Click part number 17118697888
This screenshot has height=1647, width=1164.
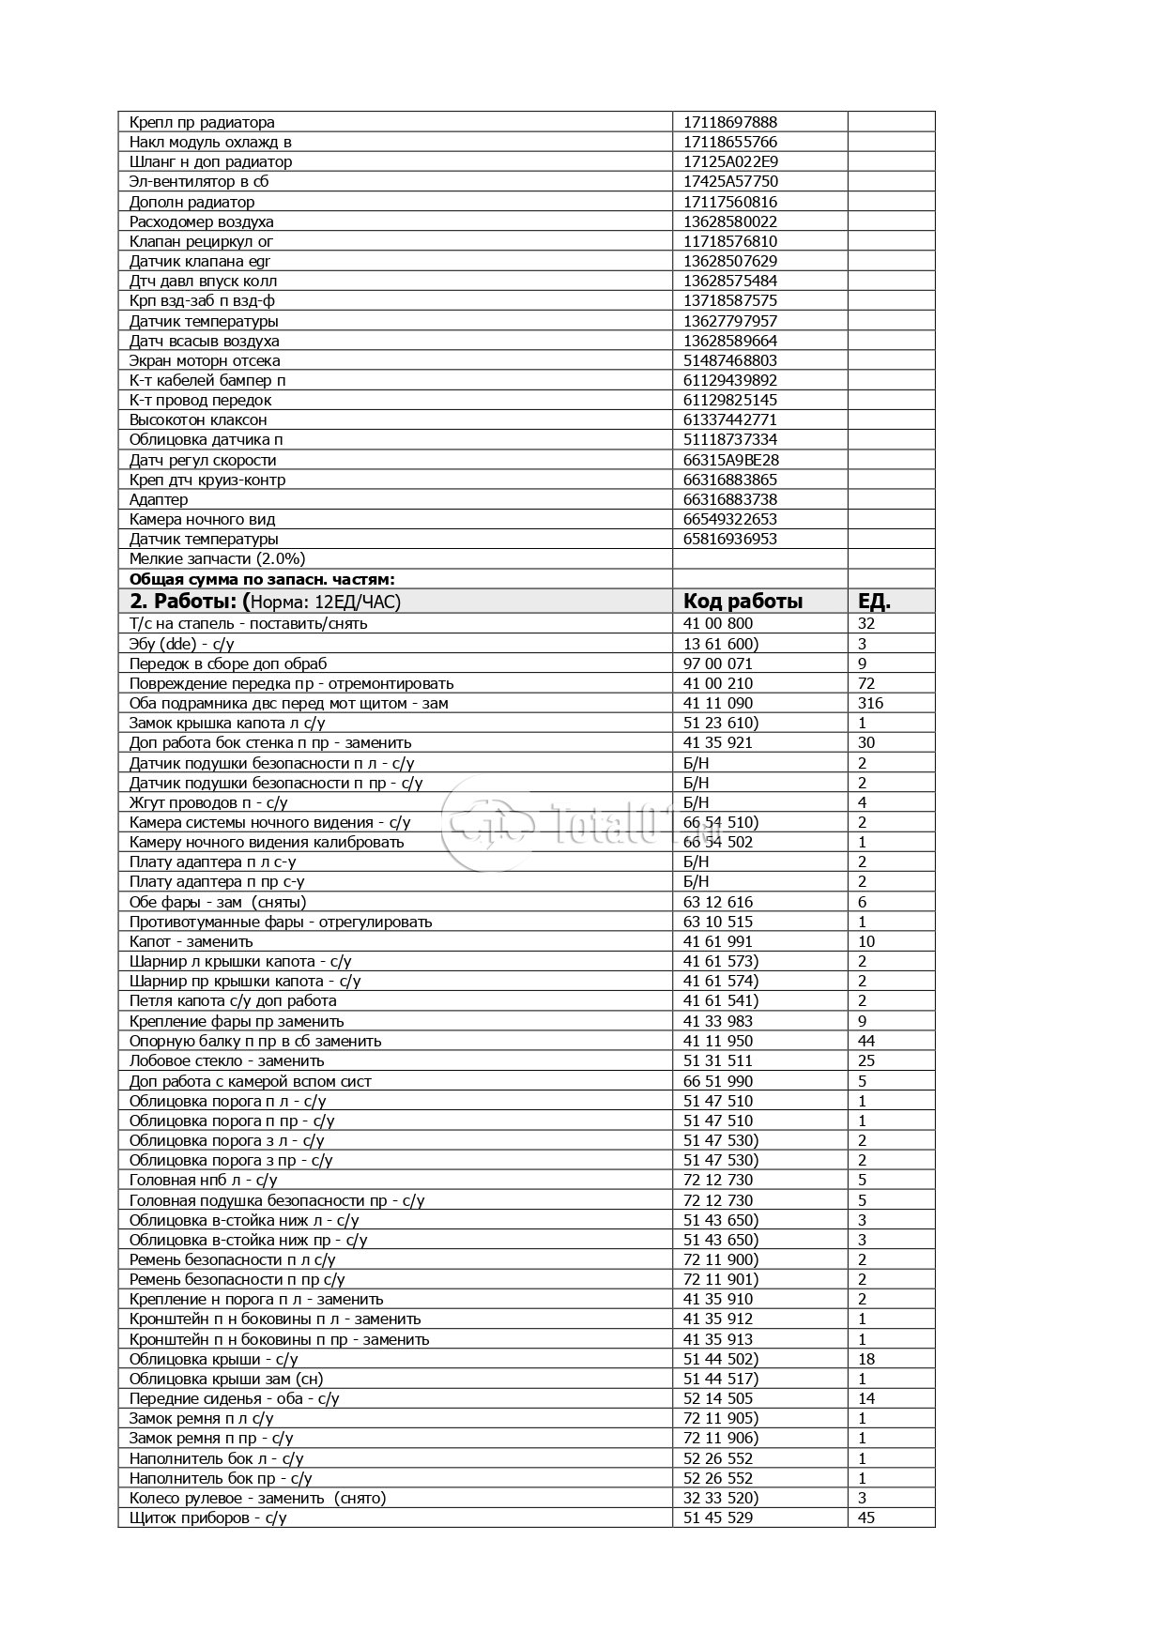(x=729, y=122)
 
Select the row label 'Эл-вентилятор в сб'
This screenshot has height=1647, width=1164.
(x=199, y=181)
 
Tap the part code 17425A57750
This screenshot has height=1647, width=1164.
(x=729, y=181)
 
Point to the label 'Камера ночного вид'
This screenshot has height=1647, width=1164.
(x=202, y=519)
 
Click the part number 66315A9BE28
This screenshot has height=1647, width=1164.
(x=730, y=460)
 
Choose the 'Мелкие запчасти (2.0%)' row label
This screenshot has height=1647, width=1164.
(x=217, y=558)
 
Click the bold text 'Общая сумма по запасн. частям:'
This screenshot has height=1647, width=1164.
(x=262, y=579)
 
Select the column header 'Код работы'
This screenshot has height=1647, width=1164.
(x=743, y=602)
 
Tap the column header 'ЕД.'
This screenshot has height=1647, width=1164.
(x=874, y=602)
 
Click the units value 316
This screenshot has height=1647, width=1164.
(x=870, y=703)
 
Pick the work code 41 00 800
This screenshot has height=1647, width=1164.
(x=717, y=623)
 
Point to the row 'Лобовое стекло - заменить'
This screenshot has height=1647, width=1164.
(x=226, y=1060)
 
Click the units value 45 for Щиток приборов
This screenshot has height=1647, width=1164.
(x=865, y=1517)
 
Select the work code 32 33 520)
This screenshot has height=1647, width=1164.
(x=720, y=1498)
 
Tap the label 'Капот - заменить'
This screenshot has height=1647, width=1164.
(x=191, y=941)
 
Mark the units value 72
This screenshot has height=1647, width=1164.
(x=865, y=683)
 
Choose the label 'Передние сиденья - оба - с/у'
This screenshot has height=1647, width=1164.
(x=234, y=1398)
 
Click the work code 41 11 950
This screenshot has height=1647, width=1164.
(x=717, y=1041)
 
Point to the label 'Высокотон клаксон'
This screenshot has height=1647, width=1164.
(x=197, y=419)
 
